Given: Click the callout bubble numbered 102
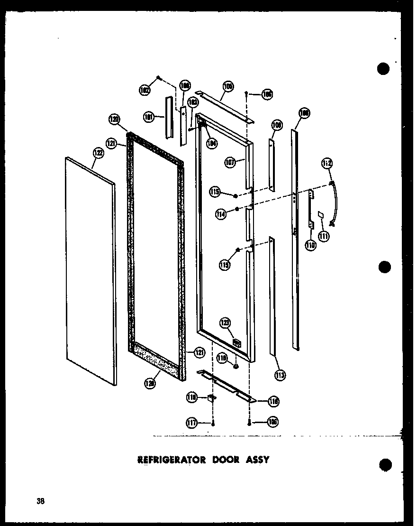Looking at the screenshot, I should point(145,89).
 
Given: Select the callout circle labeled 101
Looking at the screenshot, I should point(150,116).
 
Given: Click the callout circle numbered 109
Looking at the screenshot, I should point(276,125).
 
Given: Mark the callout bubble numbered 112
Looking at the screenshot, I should point(328,164).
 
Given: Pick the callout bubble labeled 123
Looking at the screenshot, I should point(225,323).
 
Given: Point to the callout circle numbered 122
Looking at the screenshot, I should point(98,153).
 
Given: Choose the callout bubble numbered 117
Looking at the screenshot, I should point(192,422).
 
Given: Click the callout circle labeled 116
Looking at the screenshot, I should point(273,401).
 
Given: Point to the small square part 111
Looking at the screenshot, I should point(320,215).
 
